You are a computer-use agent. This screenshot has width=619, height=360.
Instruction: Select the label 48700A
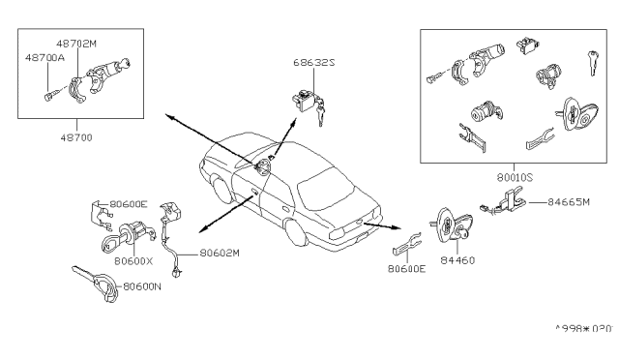(x=44, y=58)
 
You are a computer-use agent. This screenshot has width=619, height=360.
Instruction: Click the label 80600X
(x=133, y=261)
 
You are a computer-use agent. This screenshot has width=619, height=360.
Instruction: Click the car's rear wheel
(x=295, y=232)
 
